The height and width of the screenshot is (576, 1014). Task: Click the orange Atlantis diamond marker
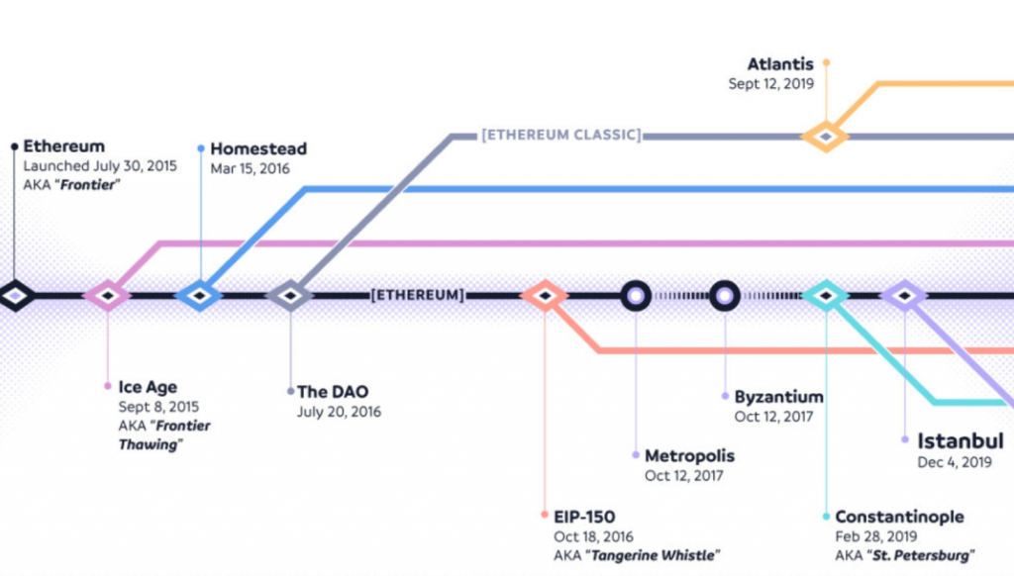(x=826, y=136)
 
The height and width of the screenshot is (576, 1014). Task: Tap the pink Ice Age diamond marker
(x=107, y=295)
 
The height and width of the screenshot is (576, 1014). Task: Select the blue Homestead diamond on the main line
(x=200, y=295)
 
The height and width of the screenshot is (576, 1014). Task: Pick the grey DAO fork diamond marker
(x=290, y=295)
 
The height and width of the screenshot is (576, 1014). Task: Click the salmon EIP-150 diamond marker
(x=544, y=295)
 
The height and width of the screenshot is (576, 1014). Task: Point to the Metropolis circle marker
(x=636, y=295)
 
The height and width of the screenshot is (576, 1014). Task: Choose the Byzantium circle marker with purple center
(x=725, y=295)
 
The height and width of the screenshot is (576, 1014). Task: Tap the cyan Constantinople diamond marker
(x=826, y=295)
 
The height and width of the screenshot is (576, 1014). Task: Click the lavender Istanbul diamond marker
(x=904, y=295)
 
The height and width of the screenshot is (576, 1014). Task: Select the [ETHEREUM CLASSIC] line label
(x=560, y=135)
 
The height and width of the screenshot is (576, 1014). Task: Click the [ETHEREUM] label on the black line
(x=417, y=295)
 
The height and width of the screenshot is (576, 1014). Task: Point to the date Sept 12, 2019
(x=771, y=84)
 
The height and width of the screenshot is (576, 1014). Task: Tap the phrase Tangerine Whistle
(x=654, y=554)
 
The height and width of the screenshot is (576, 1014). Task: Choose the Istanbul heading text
(x=960, y=440)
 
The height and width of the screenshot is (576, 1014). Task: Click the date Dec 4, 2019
(x=954, y=461)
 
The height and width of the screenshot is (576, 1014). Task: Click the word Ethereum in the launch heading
(x=63, y=146)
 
